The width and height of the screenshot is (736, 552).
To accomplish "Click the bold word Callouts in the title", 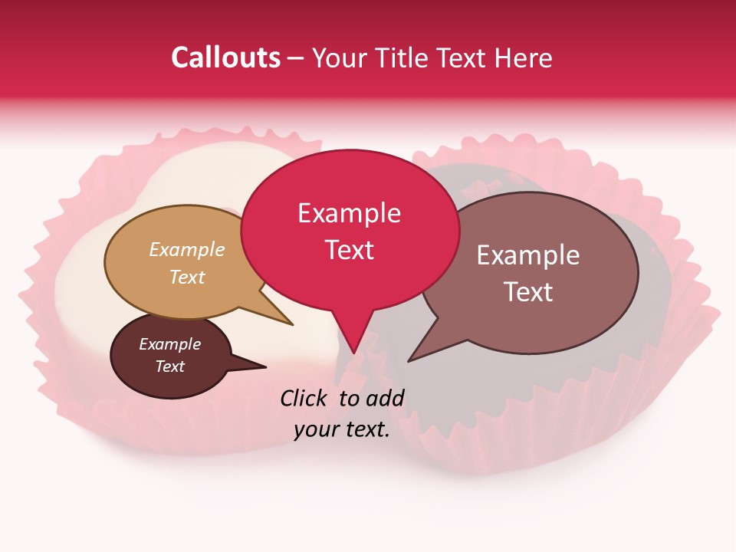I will [x=225, y=58].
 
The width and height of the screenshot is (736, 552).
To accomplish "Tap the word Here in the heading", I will [x=522, y=58].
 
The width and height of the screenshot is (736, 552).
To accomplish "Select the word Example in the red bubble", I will [x=349, y=213].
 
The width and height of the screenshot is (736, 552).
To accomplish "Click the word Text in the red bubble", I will [x=349, y=250].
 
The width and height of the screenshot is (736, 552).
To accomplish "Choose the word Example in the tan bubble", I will [x=187, y=249].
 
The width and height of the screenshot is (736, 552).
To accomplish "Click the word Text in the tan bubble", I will [x=187, y=277].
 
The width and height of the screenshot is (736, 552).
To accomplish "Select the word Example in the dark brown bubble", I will [x=169, y=344].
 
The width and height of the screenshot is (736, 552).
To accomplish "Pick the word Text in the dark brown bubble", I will [x=169, y=366].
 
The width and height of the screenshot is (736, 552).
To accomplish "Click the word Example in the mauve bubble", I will [x=528, y=255].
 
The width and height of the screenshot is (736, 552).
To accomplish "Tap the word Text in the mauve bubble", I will [x=528, y=292].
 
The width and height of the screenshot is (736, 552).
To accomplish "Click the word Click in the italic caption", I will [x=304, y=398].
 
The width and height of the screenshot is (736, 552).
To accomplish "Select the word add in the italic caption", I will [x=385, y=398].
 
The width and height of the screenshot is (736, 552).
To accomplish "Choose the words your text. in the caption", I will [x=342, y=429].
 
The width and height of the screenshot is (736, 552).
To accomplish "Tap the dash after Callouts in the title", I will [x=296, y=58].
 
